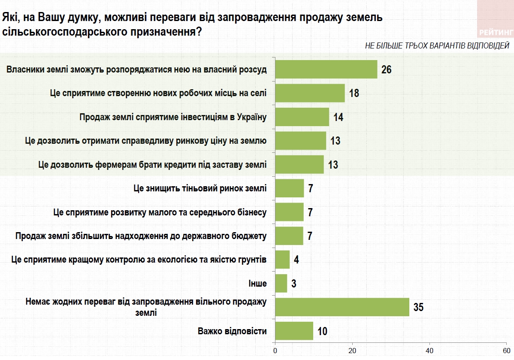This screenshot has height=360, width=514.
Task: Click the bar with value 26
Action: tap(326, 69)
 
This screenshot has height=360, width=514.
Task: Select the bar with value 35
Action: tap(342, 307)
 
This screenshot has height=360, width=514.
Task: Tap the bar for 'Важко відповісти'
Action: tap(294, 331)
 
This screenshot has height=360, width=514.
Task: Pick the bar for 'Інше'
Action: tap(281, 283)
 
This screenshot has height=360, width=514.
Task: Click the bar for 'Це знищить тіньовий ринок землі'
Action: tap(289, 188)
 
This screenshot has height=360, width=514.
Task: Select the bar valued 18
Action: tap(310, 93)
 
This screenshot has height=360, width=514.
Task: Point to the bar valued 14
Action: tap(302, 117)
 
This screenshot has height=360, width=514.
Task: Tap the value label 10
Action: tap(322, 331)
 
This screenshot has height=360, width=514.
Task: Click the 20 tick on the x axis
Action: tap(352, 350)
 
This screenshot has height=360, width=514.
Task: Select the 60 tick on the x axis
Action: tap(506, 350)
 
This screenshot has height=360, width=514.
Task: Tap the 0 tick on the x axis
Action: tap(275, 350)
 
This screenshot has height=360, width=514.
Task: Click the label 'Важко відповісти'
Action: tap(232, 331)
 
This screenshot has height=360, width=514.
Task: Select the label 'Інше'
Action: tap(257, 284)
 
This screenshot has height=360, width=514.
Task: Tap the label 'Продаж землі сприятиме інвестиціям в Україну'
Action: tap(173, 117)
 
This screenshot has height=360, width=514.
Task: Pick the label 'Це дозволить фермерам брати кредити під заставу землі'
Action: tap(152, 164)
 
